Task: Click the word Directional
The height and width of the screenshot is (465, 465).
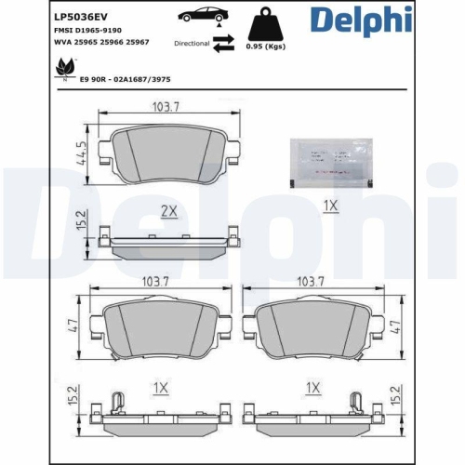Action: (x=192, y=44)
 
